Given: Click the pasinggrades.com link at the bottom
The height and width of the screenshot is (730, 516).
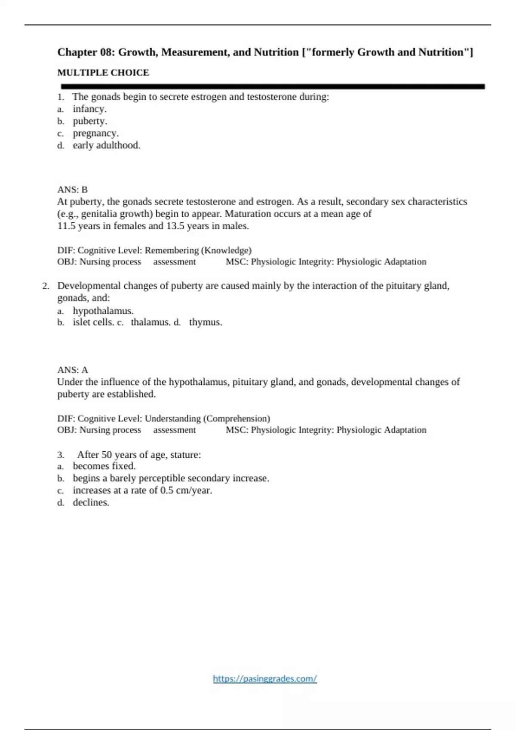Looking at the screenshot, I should pos(265,678).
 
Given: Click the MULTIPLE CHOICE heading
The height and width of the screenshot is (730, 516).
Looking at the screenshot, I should pos(103,73).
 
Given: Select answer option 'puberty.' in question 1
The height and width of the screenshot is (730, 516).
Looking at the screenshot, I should pos(89,121).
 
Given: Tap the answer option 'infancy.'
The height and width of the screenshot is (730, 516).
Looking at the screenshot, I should pos(89,109).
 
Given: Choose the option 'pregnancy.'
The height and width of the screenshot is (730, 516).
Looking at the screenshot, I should pos(95,133).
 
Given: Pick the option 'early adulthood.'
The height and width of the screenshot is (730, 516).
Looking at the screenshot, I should pos(106,145).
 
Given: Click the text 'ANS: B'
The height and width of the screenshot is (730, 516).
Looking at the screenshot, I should pos(72,189).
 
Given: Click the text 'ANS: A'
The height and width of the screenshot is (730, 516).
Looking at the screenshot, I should pos(72,370).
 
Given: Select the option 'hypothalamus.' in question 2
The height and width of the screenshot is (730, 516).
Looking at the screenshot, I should pos(103,310).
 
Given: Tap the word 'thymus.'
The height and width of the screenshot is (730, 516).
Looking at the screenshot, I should pos(206,322).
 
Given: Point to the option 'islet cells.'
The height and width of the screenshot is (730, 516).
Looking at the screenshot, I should pos(93,322).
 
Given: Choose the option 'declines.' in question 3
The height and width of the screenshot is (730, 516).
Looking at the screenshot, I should pos(91,502).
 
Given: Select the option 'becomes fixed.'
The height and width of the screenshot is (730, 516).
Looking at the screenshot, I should pos(104,466).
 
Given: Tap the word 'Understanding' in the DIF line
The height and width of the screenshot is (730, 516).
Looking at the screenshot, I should pos(172,418).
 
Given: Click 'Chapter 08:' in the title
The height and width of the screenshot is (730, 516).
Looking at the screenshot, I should pos(85,52).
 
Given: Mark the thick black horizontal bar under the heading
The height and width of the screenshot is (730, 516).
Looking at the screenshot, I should pos(273,86).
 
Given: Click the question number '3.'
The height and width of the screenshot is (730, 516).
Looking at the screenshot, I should pos(61,455).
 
